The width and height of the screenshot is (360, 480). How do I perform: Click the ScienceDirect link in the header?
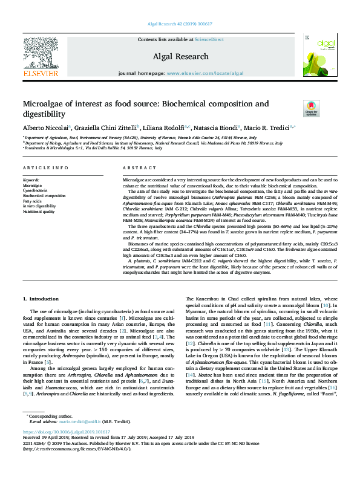[210, 40]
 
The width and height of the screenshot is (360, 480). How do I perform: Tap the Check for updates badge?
[311, 109]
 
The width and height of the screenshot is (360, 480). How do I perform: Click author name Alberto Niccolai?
[45, 128]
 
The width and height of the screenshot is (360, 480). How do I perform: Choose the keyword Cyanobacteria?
[36, 190]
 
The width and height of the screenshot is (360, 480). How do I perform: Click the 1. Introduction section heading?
[41, 299]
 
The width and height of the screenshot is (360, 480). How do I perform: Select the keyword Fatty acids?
[33, 201]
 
